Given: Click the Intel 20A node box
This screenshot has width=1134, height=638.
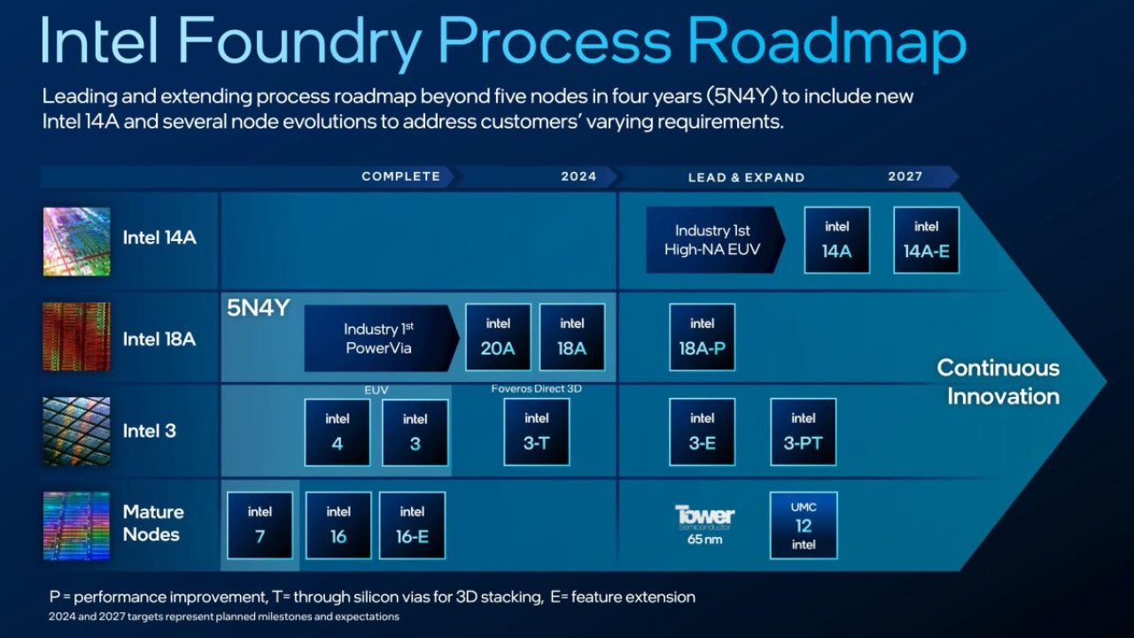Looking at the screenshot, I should click(498, 338).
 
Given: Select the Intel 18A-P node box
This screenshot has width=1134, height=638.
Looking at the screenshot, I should click(702, 338).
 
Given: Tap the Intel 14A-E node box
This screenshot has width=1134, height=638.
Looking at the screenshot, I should click(926, 240).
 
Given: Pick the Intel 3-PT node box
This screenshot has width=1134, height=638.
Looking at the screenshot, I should click(803, 432).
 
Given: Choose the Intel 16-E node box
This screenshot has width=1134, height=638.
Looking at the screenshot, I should click(412, 525).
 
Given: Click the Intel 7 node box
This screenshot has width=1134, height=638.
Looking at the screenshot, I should click(260, 525).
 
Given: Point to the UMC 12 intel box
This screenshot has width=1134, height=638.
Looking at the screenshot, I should click(803, 525).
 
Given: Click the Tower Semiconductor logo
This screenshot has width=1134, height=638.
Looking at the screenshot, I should click(704, 516).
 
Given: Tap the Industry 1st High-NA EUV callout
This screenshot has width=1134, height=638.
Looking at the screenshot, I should click(713, 240).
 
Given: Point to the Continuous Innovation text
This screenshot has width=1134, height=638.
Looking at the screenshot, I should click(998, 382).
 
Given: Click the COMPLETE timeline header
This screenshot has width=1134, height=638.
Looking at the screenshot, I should click(400, 176).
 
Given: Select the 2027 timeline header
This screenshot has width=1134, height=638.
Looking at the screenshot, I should click(905, 176).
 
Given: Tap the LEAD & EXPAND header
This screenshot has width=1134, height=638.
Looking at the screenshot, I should click(746, 177).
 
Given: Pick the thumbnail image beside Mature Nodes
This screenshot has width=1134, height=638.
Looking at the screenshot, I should click(77, 525).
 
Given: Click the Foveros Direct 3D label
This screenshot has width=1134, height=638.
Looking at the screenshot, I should click(536, 389).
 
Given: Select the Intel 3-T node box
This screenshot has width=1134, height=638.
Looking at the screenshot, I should click(536, 432).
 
